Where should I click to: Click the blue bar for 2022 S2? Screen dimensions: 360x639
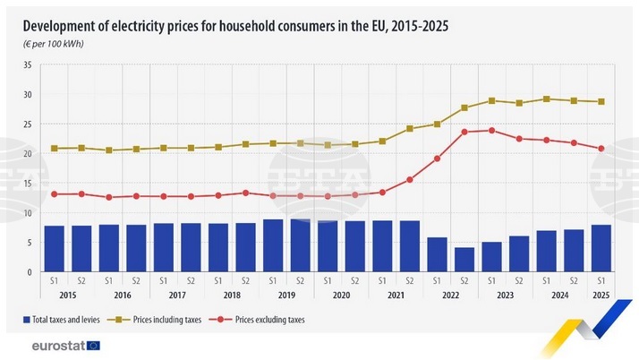click(x=464, y=259)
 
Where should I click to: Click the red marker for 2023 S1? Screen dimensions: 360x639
click(x=491, y=131)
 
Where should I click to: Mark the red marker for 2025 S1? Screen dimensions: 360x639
click(x=601, y=149)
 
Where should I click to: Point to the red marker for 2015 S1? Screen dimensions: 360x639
click(x=54, y=194)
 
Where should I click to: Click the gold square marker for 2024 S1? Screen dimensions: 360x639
click(x=547, y=99)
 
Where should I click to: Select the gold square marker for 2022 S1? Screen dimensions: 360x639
click(x=437, y=124)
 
